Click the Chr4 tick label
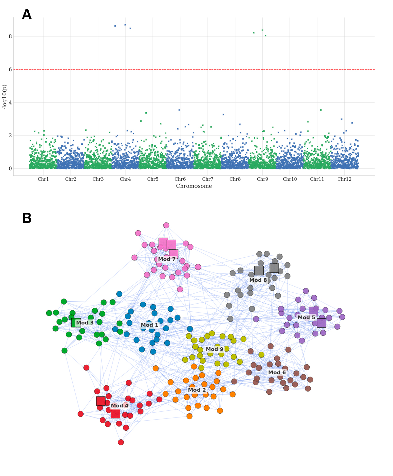125,179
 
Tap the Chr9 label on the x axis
262,179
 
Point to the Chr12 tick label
344,179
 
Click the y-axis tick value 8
10,36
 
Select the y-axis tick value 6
10,69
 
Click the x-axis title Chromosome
194,186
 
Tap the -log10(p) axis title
4,97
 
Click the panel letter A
27,14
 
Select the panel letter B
27,218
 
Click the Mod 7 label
167,259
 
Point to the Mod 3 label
85,323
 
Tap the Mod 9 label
215,349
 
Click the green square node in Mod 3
76,323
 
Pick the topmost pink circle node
166,225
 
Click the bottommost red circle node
121,442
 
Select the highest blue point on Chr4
125,25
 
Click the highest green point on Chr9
262,30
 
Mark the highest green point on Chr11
321,110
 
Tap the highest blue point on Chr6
179,110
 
